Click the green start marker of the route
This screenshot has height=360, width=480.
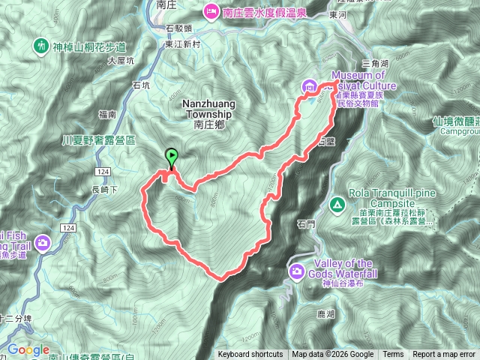coord(172,157)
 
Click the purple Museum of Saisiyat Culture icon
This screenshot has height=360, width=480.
coord(308,88)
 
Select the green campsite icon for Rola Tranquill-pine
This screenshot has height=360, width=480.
coord(337,204)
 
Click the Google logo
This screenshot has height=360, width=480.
coord(28,349)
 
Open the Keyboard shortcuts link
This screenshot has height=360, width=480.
coord(250,355)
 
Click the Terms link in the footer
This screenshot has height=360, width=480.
coord(393,355)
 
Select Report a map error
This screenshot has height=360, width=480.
coord(443,355)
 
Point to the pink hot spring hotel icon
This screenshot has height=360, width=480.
coord(210,11)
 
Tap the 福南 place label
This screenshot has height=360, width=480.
coord(106,115)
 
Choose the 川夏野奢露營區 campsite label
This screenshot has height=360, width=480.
coord(98,140)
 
